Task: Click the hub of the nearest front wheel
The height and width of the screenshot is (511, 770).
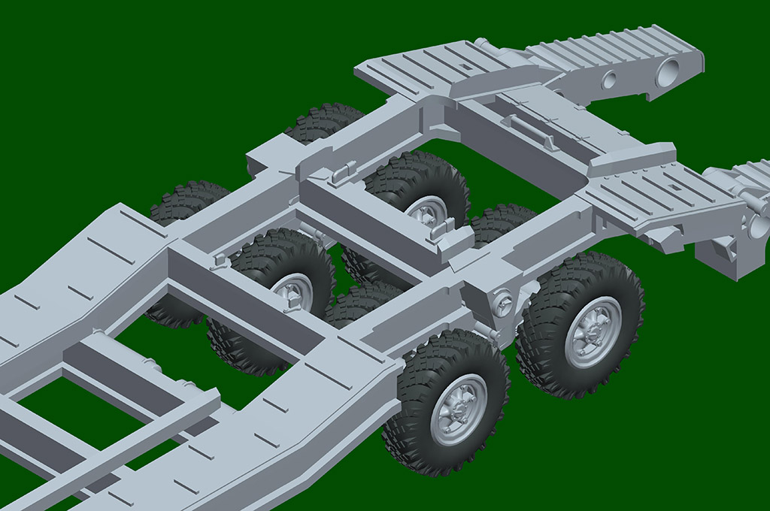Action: point(459,410)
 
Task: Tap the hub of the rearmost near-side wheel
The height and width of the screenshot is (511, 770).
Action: point(593,331)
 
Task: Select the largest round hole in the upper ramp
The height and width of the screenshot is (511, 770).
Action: point(667,74)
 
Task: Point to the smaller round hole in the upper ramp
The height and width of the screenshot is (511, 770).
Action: point(609,80)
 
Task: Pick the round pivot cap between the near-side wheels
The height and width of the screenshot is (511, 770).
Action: point(502,304)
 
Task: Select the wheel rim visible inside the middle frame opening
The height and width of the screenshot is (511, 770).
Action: point(293,291)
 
